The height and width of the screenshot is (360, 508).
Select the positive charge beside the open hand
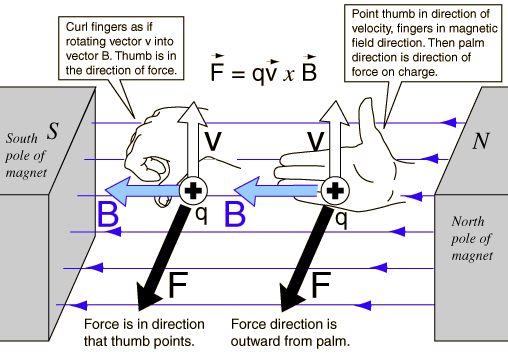(338, 190)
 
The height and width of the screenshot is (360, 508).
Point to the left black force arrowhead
(150, 296)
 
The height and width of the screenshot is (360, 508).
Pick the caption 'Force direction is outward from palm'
(290, 333)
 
